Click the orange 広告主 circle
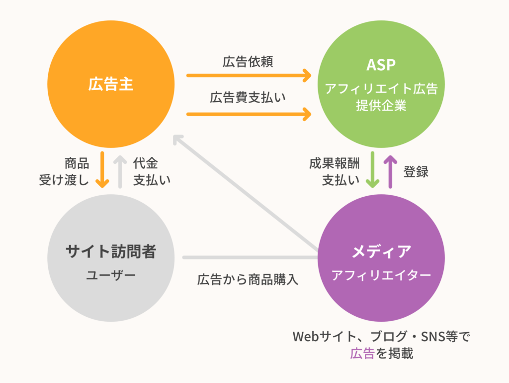[111, 85]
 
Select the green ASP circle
[381, 85]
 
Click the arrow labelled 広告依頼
[249, 76]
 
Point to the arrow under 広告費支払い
[249, 115]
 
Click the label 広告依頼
[248, 62]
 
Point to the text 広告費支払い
[248, 98]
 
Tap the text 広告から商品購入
[248, 279]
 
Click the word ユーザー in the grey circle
[111, 274]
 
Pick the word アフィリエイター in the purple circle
[381, 275]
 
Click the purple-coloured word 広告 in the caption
[362, 354]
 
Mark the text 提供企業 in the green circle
[381, 106]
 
